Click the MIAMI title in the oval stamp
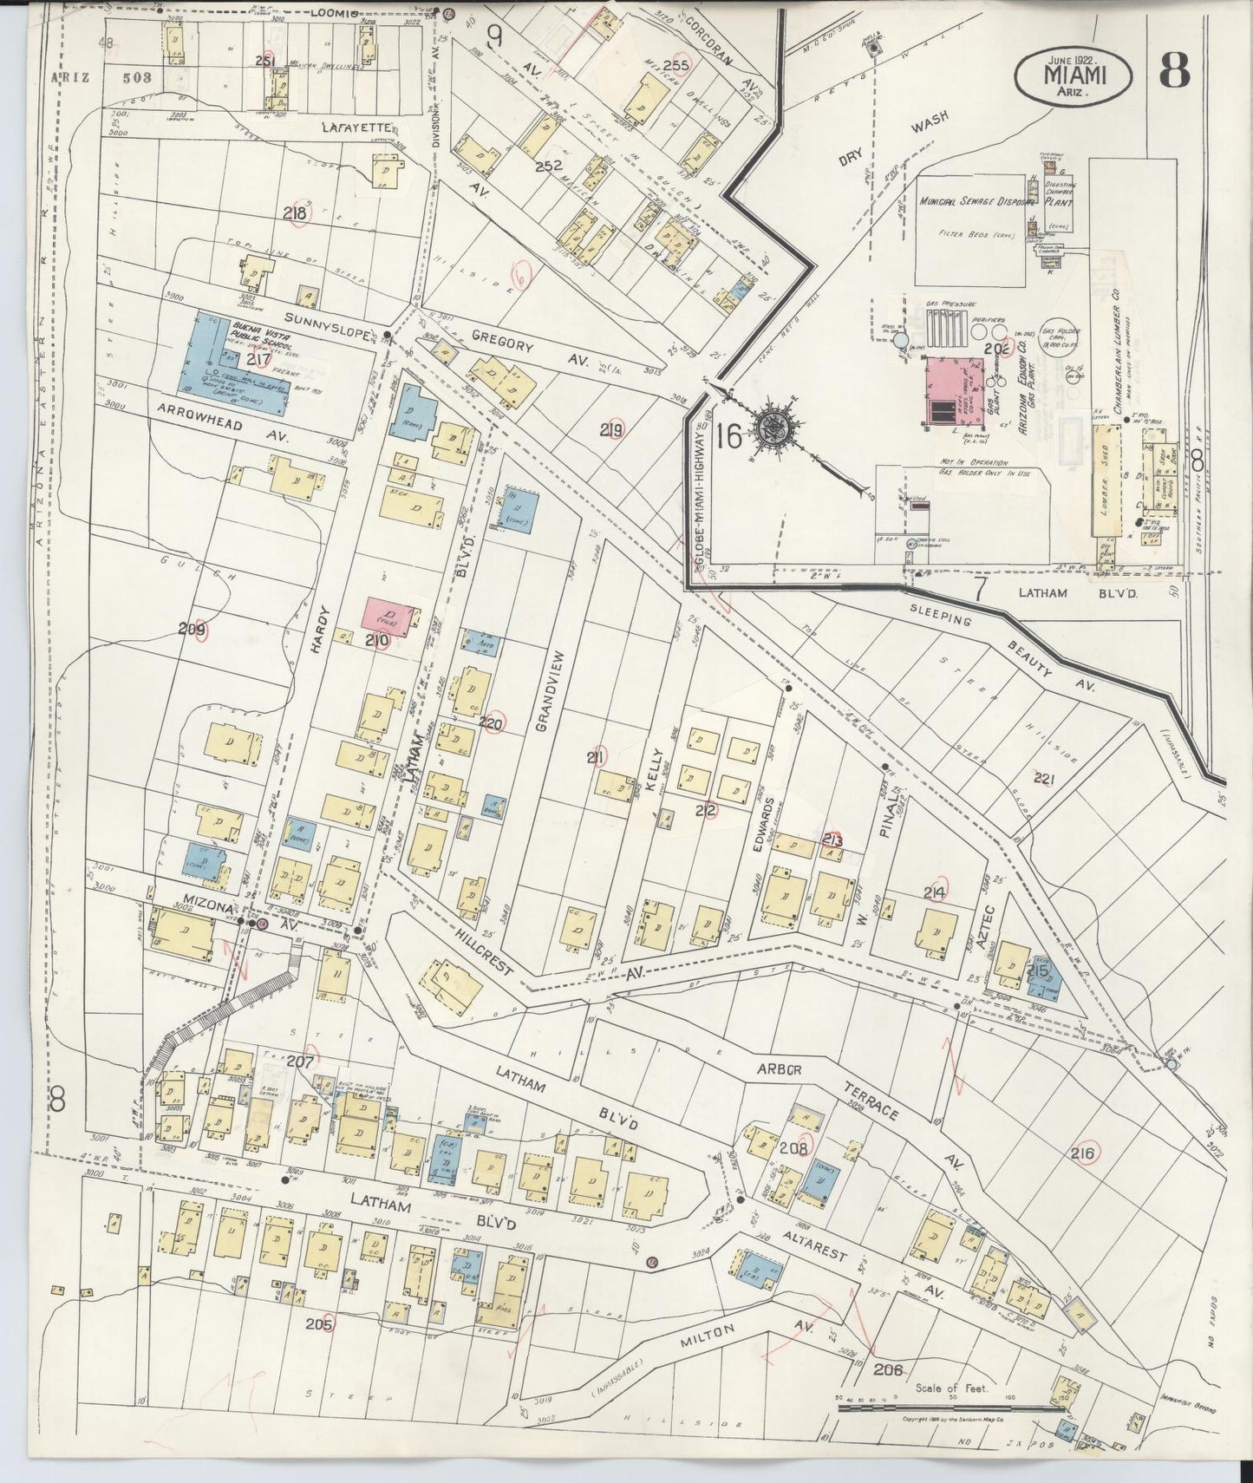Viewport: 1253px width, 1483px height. click(1072, 75)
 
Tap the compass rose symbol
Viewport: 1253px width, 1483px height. click(771, 427)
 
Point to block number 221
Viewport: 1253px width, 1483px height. click(1043, 779)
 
